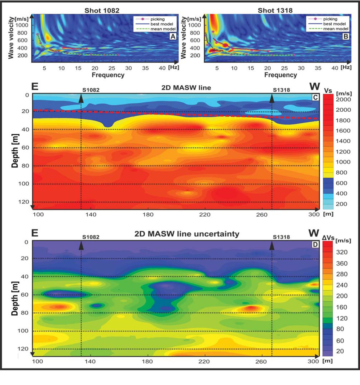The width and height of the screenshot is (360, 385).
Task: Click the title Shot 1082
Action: tap(102, 10)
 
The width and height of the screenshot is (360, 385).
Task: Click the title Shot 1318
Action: tap(275, 10)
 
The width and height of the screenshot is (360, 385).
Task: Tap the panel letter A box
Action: tap(173, 36)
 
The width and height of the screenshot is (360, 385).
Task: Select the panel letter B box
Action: tap(346, 36)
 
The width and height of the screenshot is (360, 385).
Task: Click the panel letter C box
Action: tap(315, 98)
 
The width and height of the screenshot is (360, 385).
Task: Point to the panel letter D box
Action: tap(315, 245)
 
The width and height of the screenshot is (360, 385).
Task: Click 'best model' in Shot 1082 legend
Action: tap(162, 24)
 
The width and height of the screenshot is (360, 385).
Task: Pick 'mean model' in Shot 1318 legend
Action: tap(336, 29)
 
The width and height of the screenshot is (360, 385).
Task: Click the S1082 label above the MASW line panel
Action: tap(91, 90)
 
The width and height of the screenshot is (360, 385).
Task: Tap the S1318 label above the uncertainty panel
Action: tap(281, 237)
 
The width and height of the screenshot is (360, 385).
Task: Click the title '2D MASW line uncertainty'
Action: tap(187, 234)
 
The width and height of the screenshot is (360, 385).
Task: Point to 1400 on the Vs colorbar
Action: tap(343, 141)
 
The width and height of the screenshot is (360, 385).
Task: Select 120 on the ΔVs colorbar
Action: tap(342, 318)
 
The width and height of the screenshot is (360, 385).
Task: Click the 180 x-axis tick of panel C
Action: tap(148, 214)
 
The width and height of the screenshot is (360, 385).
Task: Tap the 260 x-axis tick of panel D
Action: tap(261, 361)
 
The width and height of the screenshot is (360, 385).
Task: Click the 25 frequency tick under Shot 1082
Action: tap(112, 68)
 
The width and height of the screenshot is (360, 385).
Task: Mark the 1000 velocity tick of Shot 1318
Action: tap(194, 25)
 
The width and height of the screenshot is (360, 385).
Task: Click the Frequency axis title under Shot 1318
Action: tap(281, 75)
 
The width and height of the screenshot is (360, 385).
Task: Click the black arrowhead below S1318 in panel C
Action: tap(272, 99)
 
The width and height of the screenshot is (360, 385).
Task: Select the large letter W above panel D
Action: tap(314, 233)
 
